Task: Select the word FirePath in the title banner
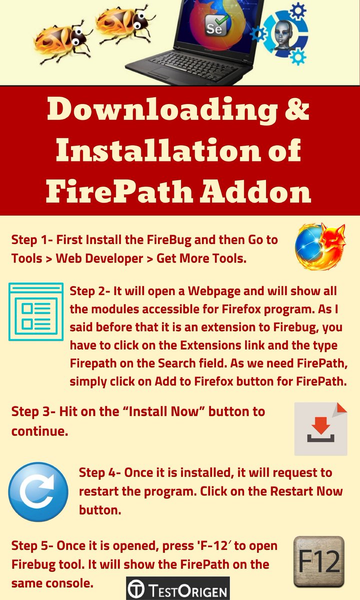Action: point(119,191)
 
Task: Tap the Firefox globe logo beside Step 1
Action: point(320,246)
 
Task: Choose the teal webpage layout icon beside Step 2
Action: point(36,311)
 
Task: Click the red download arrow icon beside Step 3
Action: point(320,428)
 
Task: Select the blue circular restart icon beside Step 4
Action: point(38,492)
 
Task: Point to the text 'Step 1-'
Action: point(32,239)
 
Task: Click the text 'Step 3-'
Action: point(33,411)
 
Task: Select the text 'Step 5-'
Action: point(32,545)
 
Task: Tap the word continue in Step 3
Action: point(39,431)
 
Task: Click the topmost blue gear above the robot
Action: point(298,10)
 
